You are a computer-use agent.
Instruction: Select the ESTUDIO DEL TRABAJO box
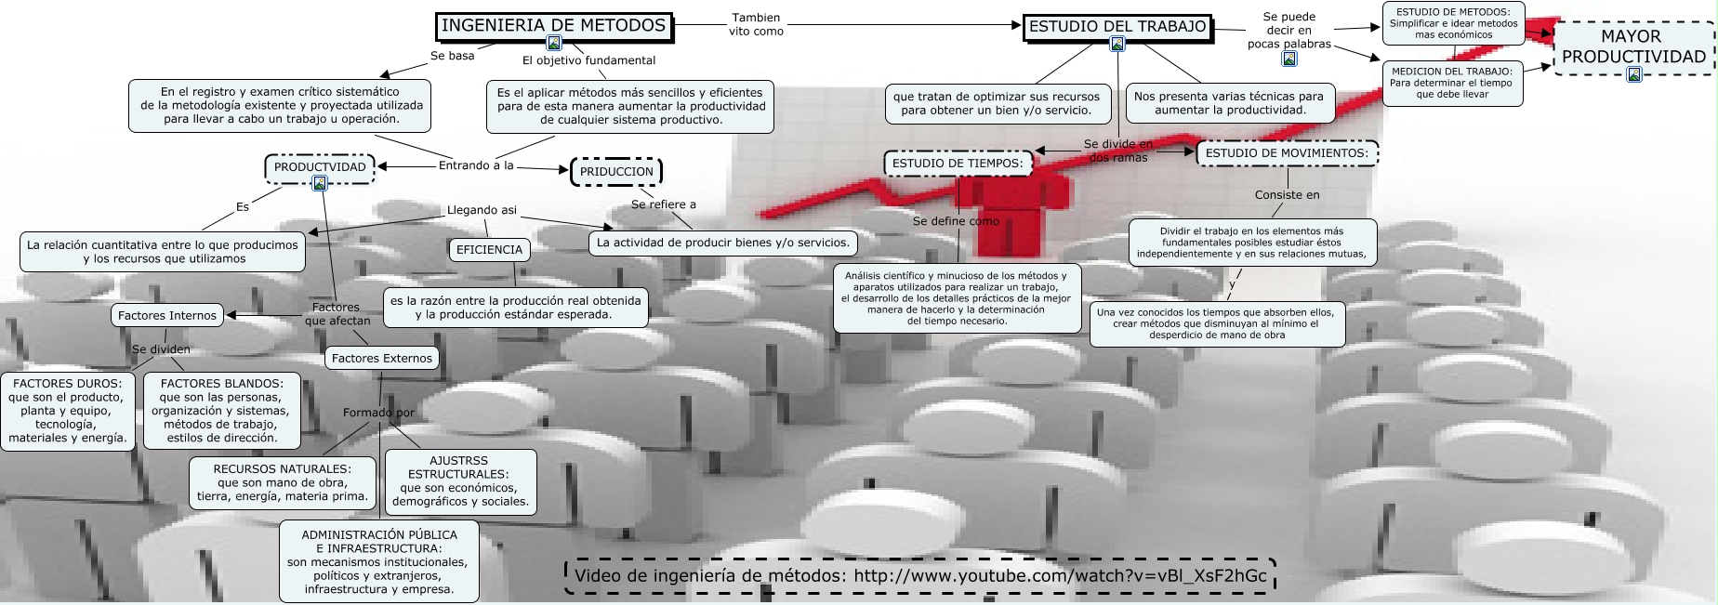point(1117,28)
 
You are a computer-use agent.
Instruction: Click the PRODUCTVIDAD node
point(320,168)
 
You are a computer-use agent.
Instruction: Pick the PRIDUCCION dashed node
point(616,172)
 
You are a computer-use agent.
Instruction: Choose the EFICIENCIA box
point(489,250)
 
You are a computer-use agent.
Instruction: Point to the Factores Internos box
point(167,316)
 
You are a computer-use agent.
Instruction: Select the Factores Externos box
point(382,359)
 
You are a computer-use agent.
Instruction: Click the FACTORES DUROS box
point(67,411)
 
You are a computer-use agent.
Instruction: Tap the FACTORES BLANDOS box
point(221,411)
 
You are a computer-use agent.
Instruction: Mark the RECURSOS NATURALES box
point(283,483)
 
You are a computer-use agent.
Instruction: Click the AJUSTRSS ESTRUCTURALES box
point(460,481)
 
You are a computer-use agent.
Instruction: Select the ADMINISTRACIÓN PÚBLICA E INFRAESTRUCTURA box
point(378,561)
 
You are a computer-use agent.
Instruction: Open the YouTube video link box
point(920,575)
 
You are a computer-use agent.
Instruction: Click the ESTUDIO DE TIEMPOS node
point(958,164)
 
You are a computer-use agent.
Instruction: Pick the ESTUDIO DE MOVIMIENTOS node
point(1287,153)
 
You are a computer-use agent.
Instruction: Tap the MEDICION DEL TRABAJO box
point(1452,83)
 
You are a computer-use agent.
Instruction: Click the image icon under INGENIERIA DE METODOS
point(554,43)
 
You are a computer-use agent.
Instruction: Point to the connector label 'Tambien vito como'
point(756,24)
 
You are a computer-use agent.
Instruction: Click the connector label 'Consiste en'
point(1287,195)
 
